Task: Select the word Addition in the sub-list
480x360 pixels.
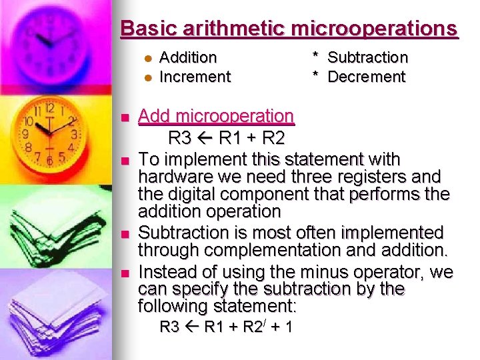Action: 189,58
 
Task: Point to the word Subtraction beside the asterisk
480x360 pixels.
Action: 367,58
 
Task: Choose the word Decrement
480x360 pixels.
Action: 366,77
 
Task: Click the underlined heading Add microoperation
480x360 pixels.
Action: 215,116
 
